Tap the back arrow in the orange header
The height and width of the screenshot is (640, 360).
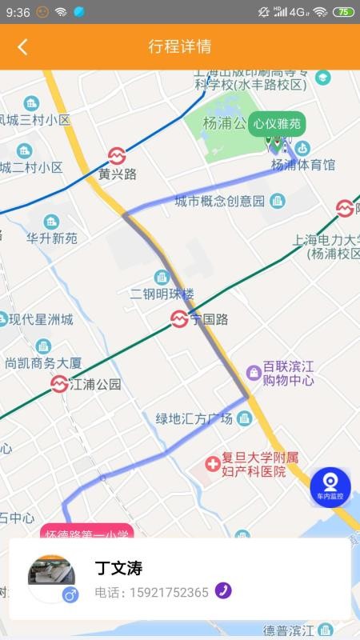click(x=22, y=46)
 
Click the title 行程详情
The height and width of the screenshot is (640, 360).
click(x=180, y=46)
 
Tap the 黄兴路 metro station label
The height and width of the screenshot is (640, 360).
click(x=118, y=173)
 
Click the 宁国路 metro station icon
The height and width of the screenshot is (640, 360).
click(x=180, y=319)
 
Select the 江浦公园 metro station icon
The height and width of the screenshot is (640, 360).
click(x=58, y=384)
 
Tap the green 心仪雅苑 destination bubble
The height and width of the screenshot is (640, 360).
click(x=277, y=123)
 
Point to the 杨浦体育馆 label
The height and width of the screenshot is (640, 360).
click(x=303, y=165)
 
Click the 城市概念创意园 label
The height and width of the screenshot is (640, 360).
click(x=219, y=201)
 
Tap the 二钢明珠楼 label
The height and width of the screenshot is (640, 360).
click(x=162, y=294)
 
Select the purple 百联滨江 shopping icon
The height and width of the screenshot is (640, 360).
click(x=254, y=373)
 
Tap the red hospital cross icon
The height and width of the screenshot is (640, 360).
click(x=212, y=463)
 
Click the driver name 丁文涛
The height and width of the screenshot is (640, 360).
click(x=118, y=569)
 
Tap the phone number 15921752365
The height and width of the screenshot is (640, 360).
click(x=151, y=592)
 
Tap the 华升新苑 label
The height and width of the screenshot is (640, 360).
click(x=52, y=238)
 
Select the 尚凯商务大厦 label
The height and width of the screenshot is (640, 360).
click(x=43, y=362)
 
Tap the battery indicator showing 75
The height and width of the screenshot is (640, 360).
click(x=343, y=12)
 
